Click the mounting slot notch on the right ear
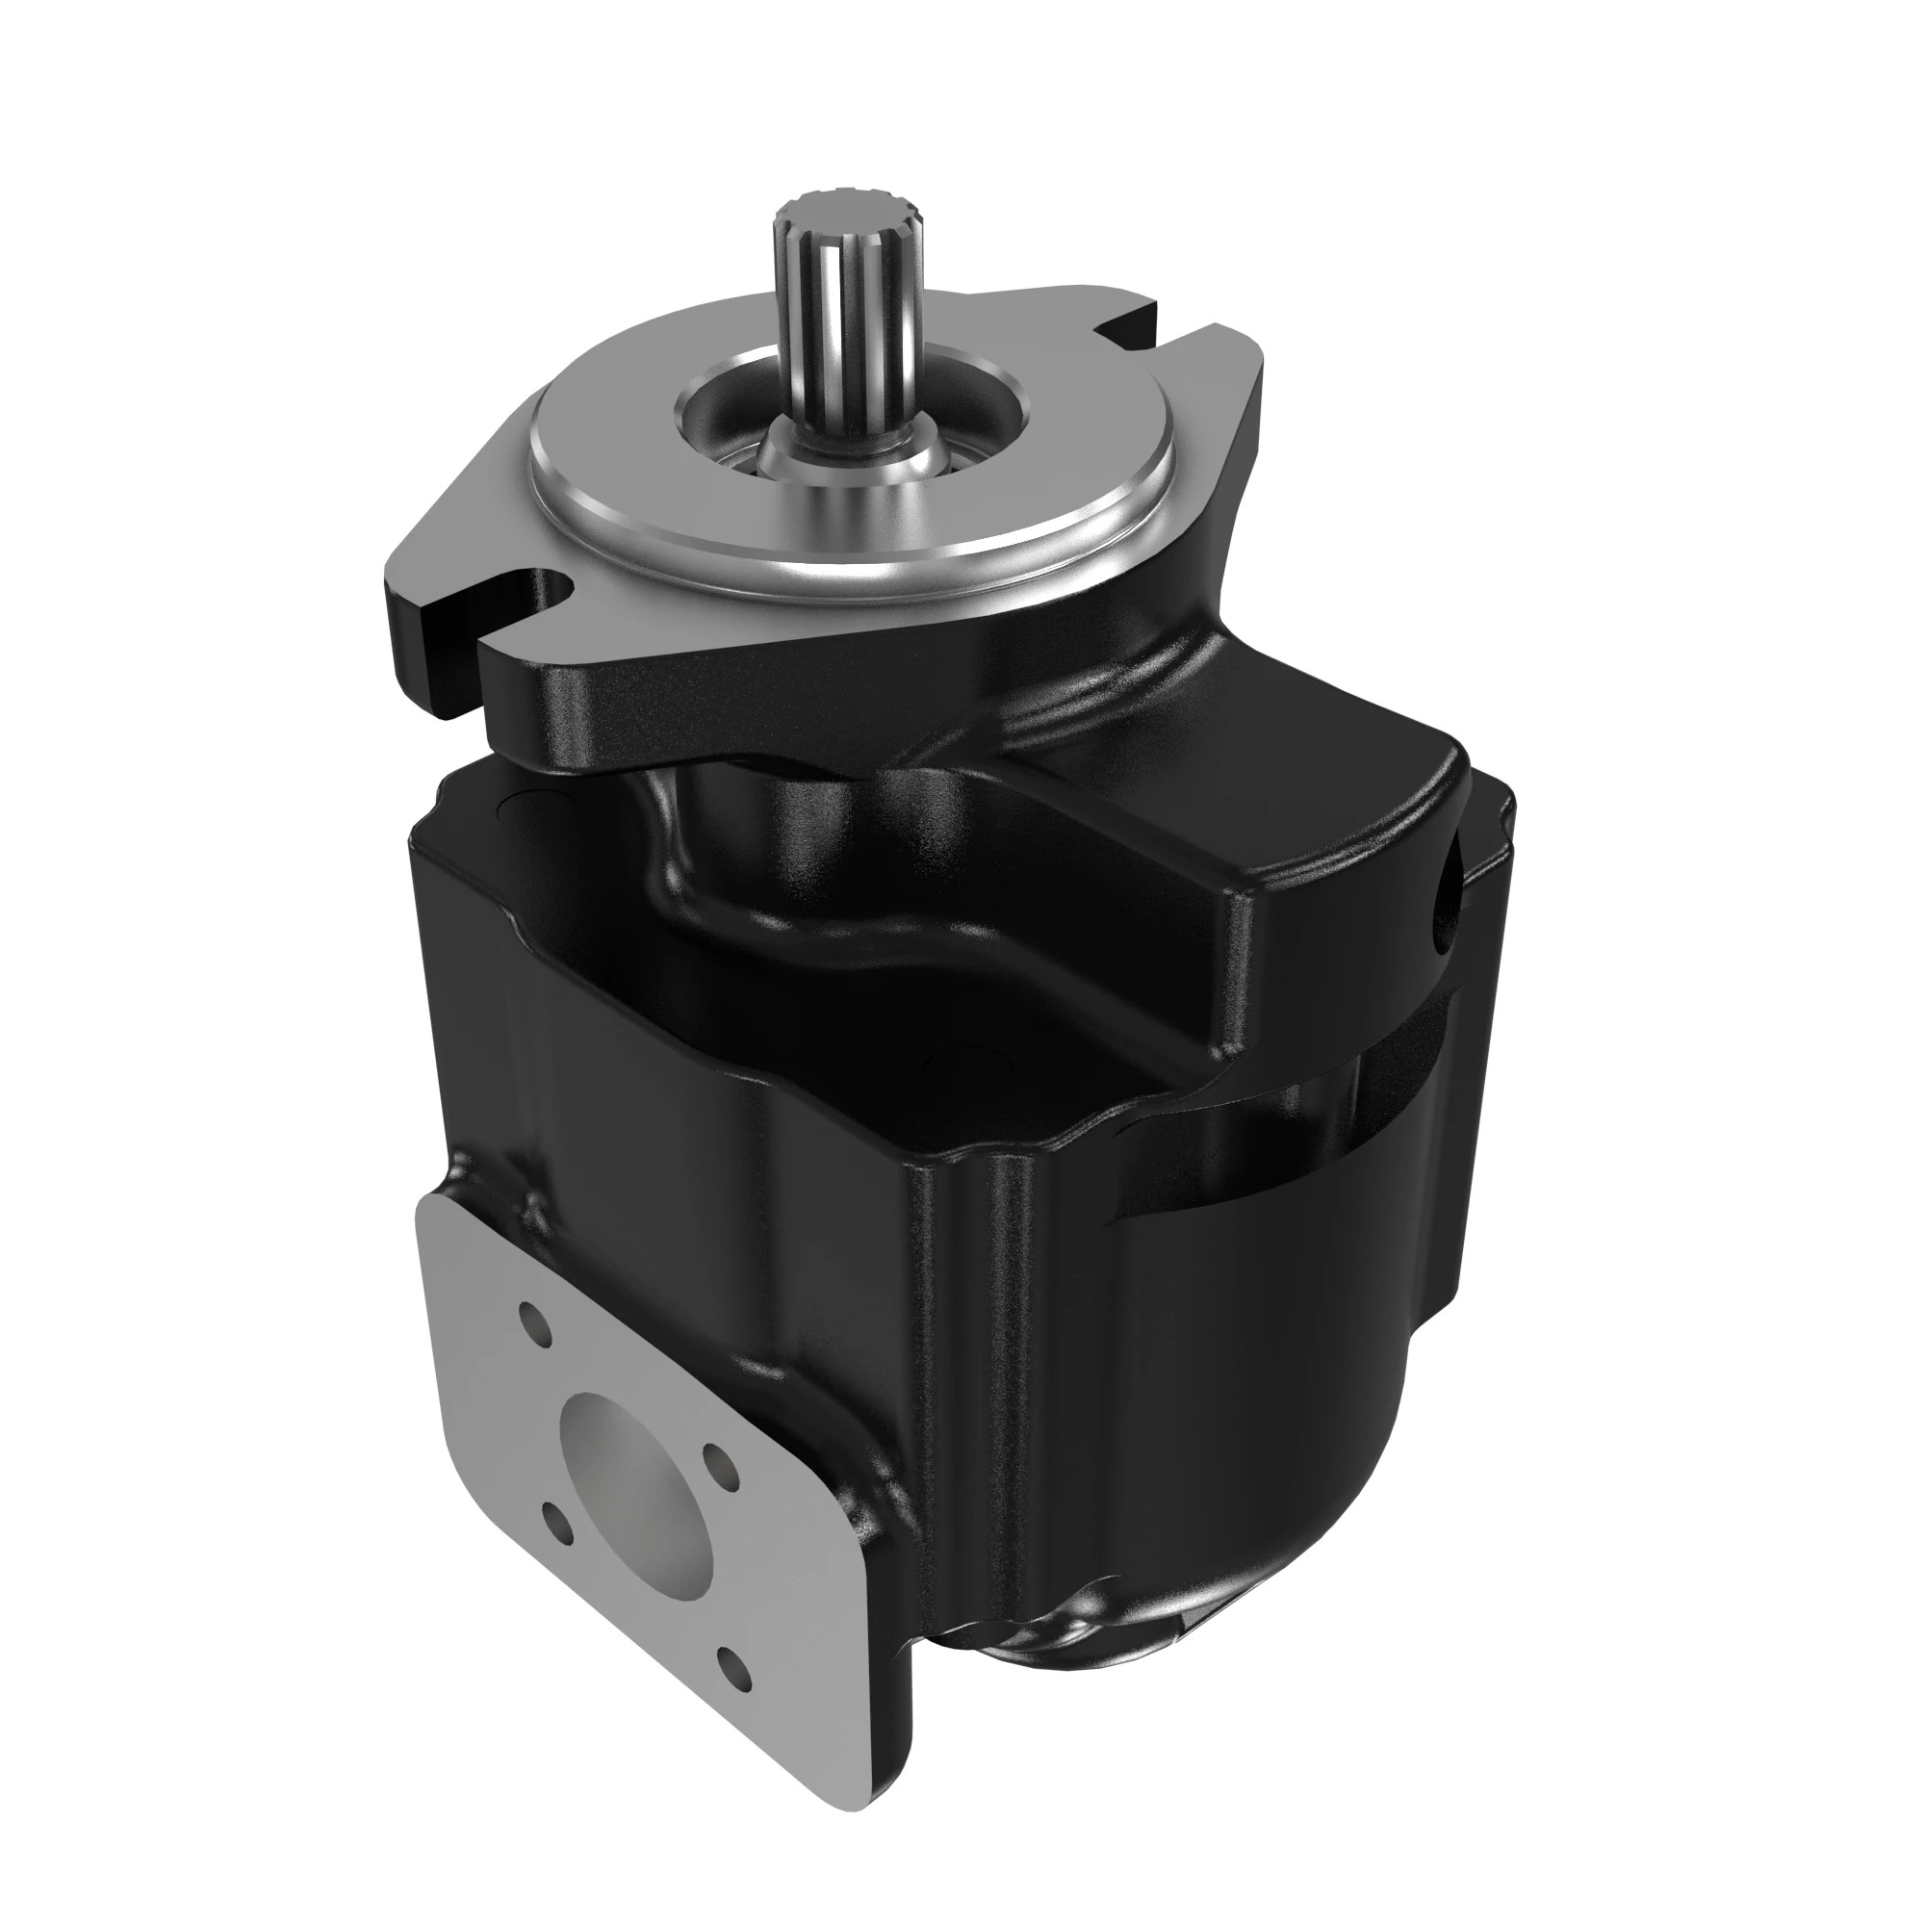(x=1131, y=323)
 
